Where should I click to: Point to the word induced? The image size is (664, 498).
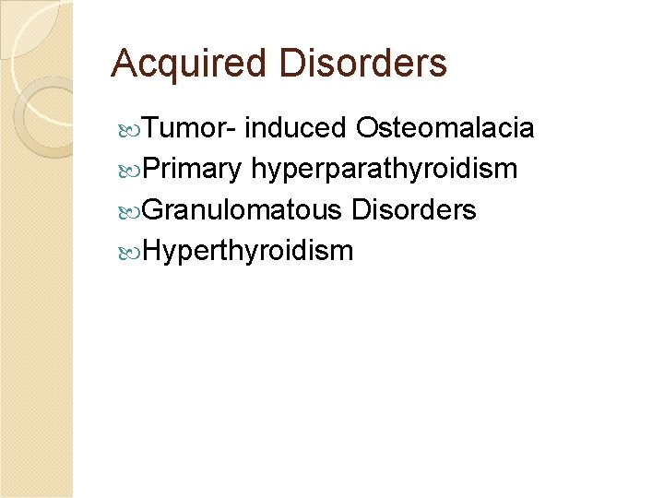click(296, 128)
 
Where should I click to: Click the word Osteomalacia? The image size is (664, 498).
click(445, 128)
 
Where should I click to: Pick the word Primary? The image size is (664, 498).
click(193, 170)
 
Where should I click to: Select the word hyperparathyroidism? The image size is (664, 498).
click(384, 170)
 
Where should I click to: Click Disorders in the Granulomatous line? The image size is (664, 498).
click(414, 210)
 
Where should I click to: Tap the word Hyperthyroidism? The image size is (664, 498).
click(248, 251)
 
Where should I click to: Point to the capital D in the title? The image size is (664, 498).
click(289, 65)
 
